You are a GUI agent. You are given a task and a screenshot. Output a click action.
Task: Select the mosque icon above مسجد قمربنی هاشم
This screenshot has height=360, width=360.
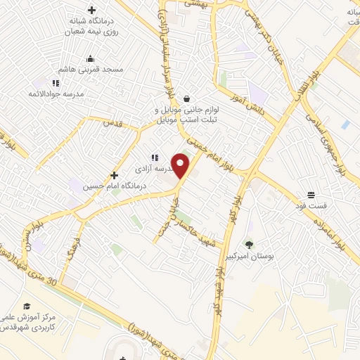(90, 59)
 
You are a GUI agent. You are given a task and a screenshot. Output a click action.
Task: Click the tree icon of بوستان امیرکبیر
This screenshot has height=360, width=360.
(249, 245)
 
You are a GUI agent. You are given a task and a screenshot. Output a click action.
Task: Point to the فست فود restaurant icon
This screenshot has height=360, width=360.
(311, 194)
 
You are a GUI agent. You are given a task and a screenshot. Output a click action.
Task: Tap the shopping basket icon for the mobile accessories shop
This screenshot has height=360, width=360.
(186, 98)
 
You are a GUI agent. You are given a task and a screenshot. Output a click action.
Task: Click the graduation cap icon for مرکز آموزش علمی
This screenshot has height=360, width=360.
(27, 306)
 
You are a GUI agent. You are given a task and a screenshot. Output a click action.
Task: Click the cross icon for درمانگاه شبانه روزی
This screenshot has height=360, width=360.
(91, 10)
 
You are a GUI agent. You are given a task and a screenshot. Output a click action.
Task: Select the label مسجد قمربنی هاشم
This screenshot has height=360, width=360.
(94, 70)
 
